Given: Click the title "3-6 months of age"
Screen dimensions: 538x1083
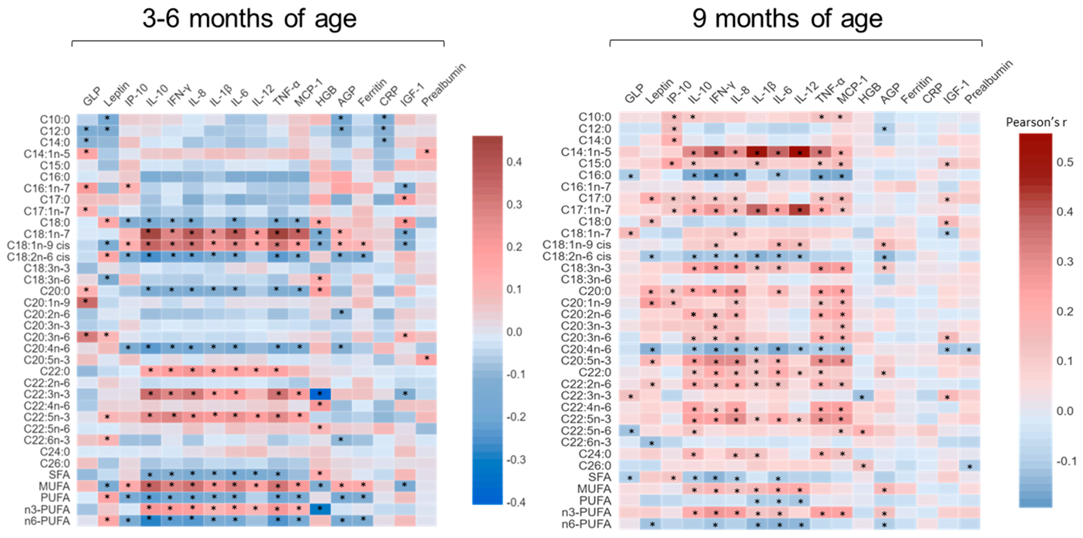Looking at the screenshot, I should click(x=249, y=19).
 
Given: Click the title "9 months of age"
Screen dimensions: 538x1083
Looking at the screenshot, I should click(x=787, y=19).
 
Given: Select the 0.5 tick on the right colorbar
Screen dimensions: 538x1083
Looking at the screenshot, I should click(x=1065, y=162).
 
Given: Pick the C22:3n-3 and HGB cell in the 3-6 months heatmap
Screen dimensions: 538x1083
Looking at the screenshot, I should click(x=319, y=394).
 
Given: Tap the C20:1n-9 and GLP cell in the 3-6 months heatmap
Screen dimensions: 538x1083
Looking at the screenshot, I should click(x=87, y=302).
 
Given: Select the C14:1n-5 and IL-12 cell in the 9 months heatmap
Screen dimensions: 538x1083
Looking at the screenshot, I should click(x=799, y=152).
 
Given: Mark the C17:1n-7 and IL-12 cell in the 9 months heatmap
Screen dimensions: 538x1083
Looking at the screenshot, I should click(x=799, y=210).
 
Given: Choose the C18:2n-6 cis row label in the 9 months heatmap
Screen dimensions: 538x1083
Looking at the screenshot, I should click(x=577, y=256).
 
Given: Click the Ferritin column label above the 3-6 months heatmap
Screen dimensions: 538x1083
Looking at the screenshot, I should click(x=372, y=93).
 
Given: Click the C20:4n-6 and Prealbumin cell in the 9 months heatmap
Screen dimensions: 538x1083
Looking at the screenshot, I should click(x=969, y=349).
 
